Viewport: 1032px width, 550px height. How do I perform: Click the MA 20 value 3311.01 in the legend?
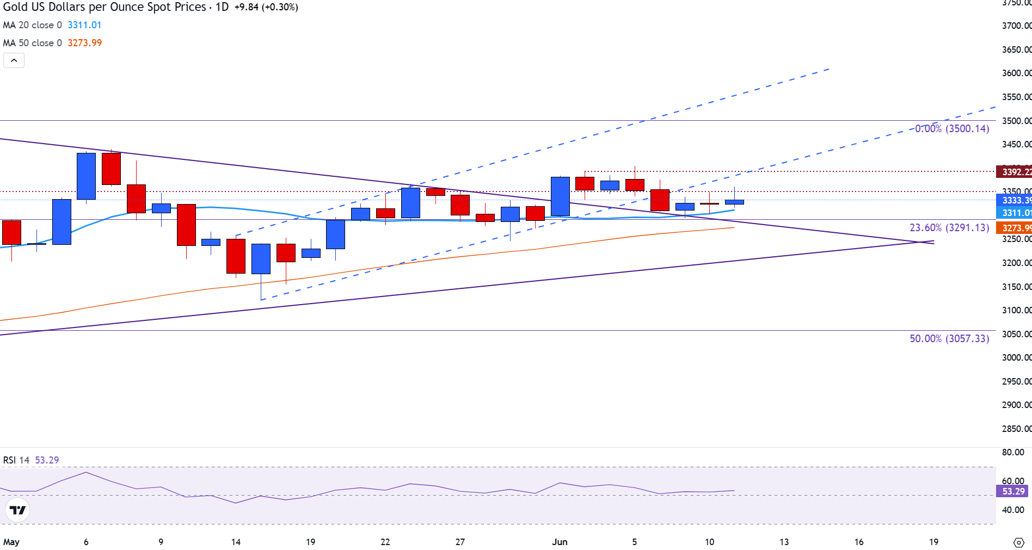[x=84, y=25]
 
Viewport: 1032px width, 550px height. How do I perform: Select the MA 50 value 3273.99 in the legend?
[x=84, y=43]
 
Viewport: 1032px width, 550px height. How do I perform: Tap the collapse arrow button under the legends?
[x=14, y=60]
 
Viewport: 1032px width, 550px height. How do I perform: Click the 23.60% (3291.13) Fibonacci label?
[x=949, y=228]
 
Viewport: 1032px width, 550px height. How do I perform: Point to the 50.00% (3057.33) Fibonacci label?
[x=949, y=338]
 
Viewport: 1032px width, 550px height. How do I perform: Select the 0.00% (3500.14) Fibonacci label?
[x=952, y=129]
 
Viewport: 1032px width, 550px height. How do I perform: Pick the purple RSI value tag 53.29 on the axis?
[x=1013, y=491]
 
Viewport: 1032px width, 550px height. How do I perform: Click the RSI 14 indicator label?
[x=16, y=460]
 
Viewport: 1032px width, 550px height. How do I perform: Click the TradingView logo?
[x=17, y=510]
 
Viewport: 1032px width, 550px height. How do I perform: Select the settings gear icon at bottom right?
[x=1018, y=542]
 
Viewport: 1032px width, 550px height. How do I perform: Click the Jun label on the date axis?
[x=560, y=542]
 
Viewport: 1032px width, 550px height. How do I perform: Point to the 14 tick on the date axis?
[x=236, y=542]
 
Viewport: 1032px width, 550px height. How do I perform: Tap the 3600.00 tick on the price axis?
[x=1016, y=73]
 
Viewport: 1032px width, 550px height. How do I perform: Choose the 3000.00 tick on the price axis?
[x=1016, y=357]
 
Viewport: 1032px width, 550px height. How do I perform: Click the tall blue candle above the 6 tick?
[x=86, y=176]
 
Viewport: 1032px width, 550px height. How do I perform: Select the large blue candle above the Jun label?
[x=560, y=196]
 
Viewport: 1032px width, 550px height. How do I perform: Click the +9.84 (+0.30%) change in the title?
[x=266, y=7]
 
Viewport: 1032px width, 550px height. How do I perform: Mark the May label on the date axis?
[x=11, y=542]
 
